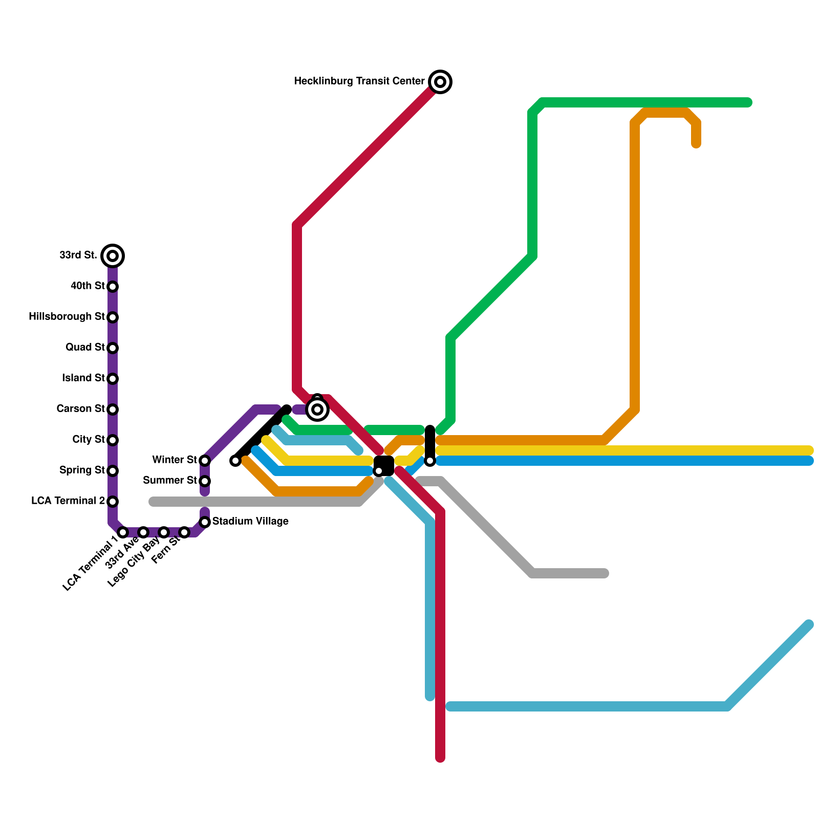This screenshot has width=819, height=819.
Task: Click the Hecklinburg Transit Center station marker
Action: (440, 82)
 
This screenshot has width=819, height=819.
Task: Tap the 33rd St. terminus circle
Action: (113, 255)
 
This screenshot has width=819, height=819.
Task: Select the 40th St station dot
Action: (113, 287)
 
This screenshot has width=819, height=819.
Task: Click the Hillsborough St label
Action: (67, 317)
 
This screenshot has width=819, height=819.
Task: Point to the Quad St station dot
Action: (113, 348)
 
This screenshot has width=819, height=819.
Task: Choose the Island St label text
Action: (83, 378)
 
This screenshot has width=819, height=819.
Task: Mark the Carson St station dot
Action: (113, 409)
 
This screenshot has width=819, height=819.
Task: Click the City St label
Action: (89, 440)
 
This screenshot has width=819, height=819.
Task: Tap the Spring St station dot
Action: (113, 471)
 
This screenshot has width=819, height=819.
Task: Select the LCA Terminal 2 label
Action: (68, 501)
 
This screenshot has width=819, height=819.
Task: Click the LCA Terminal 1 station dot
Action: (123, 532)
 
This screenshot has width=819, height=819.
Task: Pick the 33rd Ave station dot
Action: (143, 532)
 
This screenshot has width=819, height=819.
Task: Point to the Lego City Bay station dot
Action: (164, 532)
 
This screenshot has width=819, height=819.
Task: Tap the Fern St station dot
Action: (184, 532)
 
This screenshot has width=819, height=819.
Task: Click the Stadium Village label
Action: (250, 522)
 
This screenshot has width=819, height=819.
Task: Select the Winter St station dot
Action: (205, 461)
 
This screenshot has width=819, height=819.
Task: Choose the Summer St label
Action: (170, 481)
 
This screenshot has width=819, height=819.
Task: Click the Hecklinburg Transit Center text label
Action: (359, 81)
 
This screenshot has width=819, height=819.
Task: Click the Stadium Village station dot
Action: (205, 522)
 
